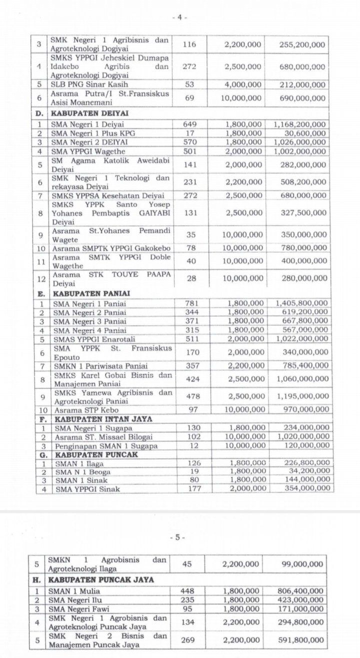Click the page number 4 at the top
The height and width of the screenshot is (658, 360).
[x=179, y=17]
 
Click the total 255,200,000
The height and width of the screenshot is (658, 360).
[x=302, y=45]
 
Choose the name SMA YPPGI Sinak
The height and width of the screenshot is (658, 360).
[x=80, y=489]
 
